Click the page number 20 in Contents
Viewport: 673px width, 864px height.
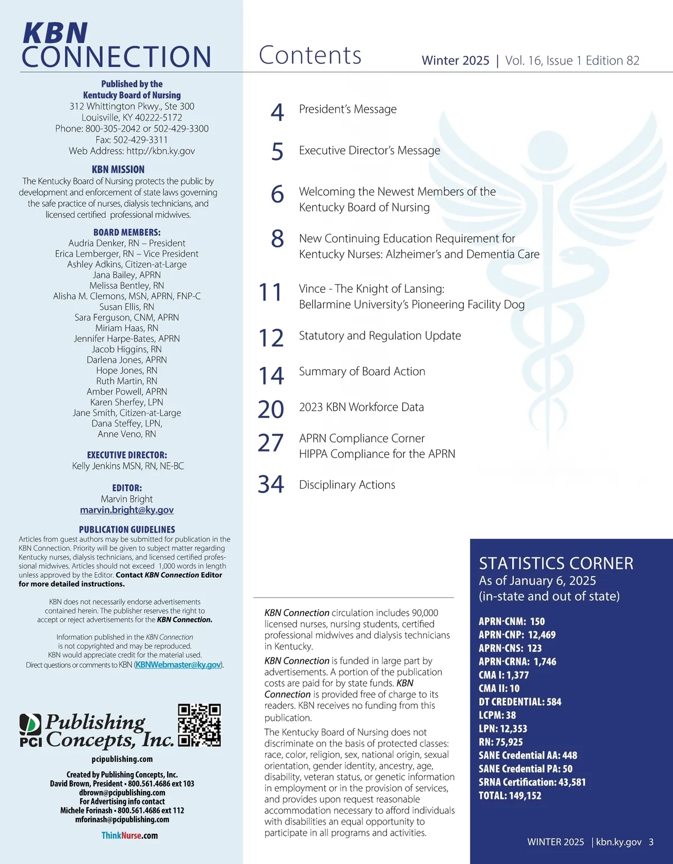[x=271, y=410]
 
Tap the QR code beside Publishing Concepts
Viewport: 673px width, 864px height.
[x=199, y=725]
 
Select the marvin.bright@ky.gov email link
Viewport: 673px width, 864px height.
[x=127, y=510]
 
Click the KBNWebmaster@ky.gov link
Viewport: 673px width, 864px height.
[x=178, y=665]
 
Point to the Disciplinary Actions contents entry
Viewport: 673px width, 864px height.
[x=347, y=485]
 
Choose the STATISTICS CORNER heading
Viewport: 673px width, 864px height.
[x=556, y=563]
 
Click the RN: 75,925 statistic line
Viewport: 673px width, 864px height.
[x=501, y=742]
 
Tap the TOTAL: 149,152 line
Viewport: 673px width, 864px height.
[x=510, y=796]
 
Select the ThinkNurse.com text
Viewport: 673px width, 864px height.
[x=130, y=835]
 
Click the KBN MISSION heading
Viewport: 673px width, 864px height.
[x=118, y=169]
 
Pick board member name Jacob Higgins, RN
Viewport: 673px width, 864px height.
[x=127, y=349]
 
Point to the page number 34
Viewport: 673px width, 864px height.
[x=271, y=484]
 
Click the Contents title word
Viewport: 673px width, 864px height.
[x=310, y=56]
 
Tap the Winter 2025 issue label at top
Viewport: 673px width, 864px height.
[x=455, y=61]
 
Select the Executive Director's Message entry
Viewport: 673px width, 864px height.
[x=370, y=150]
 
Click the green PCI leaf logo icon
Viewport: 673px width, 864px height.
[x=30, y=724]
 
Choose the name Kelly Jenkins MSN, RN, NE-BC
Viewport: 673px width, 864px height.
[x=128, y=466]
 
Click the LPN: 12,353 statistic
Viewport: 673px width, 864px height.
[x=503, y=728]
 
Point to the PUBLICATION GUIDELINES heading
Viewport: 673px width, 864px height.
[x=127, y=530]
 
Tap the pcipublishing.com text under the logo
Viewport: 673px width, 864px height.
[x=122, y=759]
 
